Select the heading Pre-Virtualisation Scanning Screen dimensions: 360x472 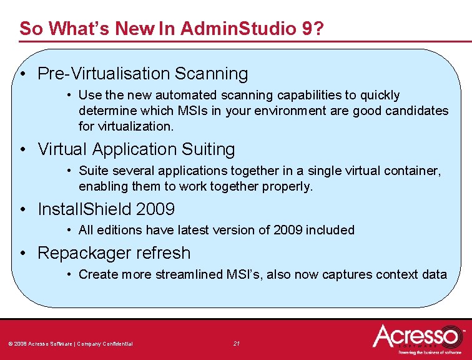(x=142, y=74)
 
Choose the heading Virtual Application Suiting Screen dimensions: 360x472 (x=136, y=149)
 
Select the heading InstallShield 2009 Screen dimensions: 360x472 (x=106, y=209)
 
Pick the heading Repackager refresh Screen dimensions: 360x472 (x=114, y=253)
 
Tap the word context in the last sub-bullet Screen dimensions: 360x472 (x=396, y=274)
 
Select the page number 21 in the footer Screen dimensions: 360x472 (x=237, y=343)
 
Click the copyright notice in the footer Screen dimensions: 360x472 (x=70, y=344)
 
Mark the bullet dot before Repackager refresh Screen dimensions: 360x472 (x=22, y=254)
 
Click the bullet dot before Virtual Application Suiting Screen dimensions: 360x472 (x=22, y=150)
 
